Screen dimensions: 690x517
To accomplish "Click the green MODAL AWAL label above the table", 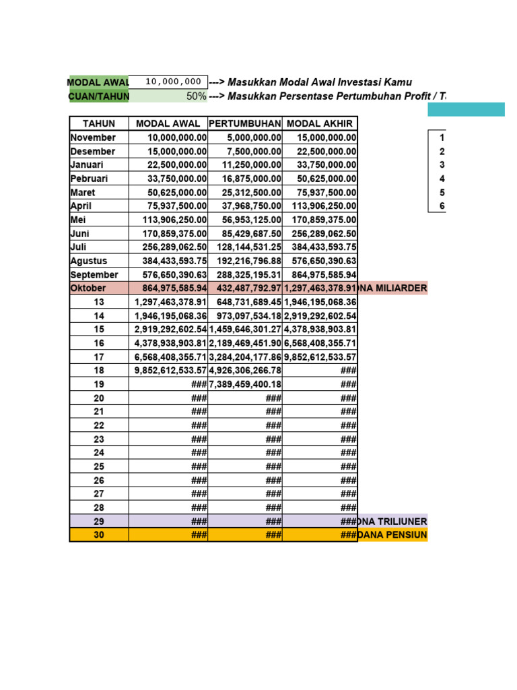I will pos(98,82).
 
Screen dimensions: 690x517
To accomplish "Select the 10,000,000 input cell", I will pos(168,82).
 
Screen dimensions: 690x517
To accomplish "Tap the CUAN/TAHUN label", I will pos(98,96).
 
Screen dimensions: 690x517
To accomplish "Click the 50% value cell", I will pos(168,96).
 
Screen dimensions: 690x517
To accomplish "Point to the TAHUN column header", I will pos(99,123).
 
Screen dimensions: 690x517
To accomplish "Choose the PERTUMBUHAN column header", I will pos(245,123).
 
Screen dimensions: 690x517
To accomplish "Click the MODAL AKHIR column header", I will pos(320,123).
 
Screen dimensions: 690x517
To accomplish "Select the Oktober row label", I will pos(88,288).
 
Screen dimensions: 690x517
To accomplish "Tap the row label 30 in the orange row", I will pos(99,535).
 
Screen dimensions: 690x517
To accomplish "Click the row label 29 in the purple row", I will pos(99,522).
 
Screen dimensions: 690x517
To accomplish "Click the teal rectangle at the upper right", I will pos(465,109).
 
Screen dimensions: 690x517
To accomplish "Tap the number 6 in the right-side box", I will pos(442,206).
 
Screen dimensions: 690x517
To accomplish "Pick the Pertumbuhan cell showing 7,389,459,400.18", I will pos(245,384).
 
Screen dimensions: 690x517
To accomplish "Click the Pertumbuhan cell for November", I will pos(245,137).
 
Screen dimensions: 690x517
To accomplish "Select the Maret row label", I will pos(83,193).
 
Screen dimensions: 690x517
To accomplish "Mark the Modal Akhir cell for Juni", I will pos(320,234).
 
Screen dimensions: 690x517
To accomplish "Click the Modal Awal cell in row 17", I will pos(168,357).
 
